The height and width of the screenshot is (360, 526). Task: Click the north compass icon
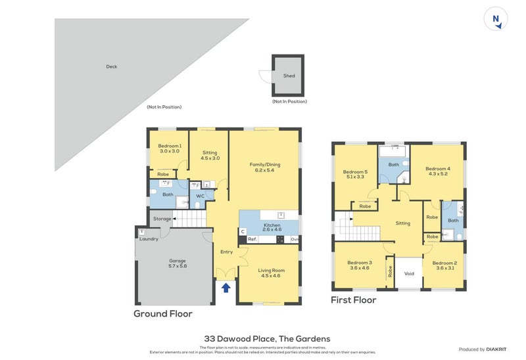tap(496, 20)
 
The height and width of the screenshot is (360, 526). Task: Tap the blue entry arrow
tap(226, 287)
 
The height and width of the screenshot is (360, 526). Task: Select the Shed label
tap(289, 76)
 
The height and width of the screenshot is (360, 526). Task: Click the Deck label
tap(112, 66)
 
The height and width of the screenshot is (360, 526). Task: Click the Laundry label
tap(149, 238)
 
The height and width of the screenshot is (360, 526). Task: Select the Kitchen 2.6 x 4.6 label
tap(272, 228)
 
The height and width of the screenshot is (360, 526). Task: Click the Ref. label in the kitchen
tap(252, 240)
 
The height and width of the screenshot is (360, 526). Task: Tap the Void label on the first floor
tap(409, 273)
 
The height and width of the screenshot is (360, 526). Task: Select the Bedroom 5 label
tap(355, 175)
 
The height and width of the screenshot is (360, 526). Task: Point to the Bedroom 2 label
tap(444, 265)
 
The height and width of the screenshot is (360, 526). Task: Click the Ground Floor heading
tap(163, 314)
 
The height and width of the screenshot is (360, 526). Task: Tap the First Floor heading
tap(354, 300)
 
